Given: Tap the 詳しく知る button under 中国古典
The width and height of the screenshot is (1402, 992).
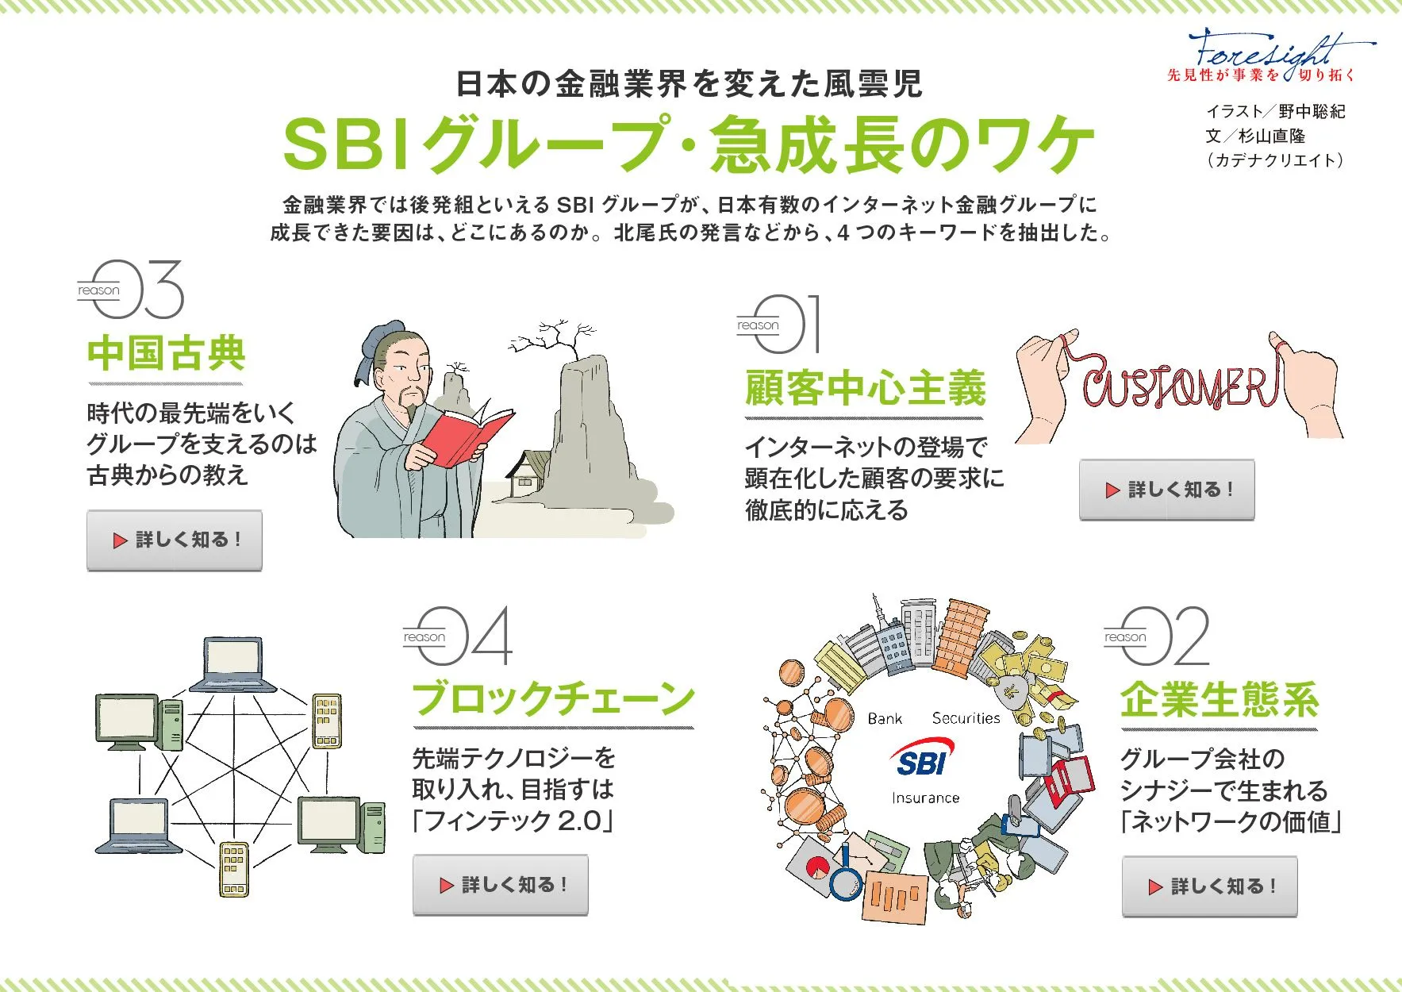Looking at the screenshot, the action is (x=175, y=540).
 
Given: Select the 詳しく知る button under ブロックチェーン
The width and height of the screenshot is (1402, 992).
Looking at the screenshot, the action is (x=501, y=885).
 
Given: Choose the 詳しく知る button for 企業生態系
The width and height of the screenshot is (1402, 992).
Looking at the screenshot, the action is (x=1210, y=886).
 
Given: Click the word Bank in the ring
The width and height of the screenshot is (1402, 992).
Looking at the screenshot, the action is (x=885, y=718).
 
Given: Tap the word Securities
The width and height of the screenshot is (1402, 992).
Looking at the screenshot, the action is (x=966, y=718).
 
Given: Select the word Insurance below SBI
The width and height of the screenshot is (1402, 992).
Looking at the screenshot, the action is (x=925, y=798).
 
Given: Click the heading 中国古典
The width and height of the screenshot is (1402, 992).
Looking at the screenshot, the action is (x=166, y=354).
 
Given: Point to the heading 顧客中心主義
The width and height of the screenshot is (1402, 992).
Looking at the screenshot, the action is (x=865, y=389).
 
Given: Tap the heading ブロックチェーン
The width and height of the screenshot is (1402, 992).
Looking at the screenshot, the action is (x=553, y=699).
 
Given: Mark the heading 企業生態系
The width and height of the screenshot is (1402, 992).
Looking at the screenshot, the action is (x=1220, y=700).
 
